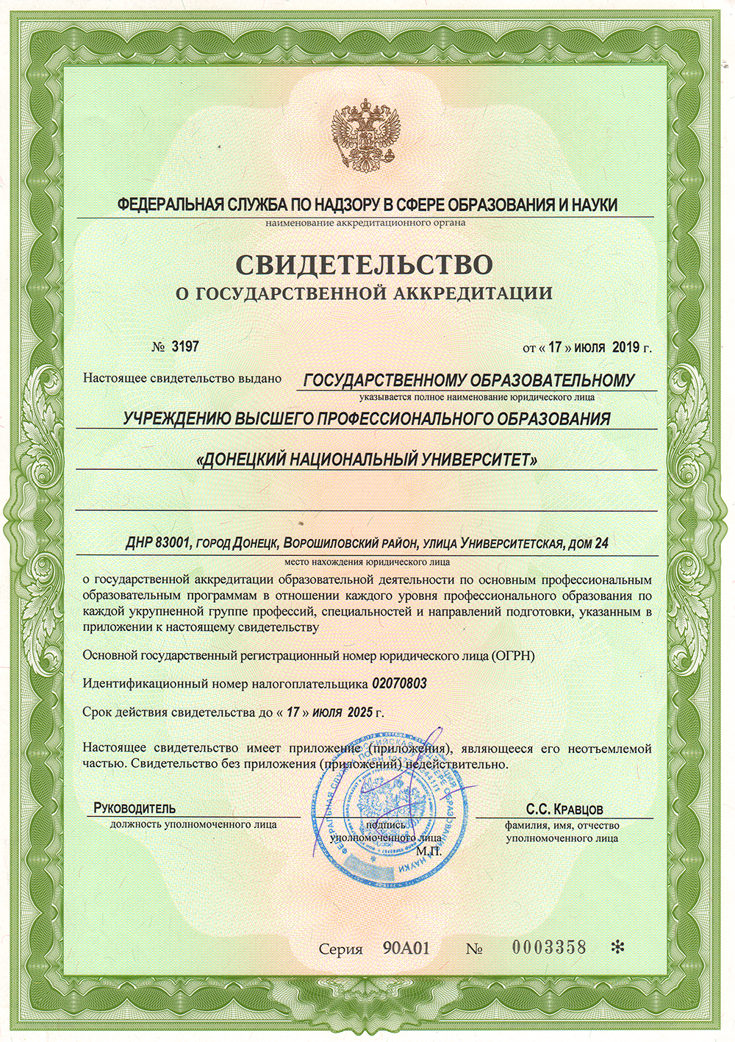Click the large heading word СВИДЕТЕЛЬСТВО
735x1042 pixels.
364,263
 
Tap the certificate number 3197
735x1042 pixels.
185,346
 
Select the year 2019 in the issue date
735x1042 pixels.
625,347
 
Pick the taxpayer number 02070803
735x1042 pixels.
399,684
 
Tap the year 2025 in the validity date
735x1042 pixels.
359,713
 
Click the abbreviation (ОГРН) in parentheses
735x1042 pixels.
512,655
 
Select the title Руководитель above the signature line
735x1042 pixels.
135,809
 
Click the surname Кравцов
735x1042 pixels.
578,810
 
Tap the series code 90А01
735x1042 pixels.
406,948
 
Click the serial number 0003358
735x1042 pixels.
549,948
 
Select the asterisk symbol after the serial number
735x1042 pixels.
617,948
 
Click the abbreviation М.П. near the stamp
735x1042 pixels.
428,851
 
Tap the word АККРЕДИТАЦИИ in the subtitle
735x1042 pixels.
473,294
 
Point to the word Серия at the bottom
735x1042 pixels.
341,949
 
